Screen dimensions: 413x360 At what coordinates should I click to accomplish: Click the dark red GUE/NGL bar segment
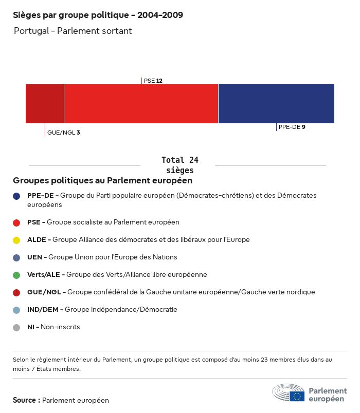point(45,104)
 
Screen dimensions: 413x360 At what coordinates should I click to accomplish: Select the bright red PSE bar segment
point(141,104)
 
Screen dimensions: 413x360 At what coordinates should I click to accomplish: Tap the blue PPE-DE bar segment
point(276,104)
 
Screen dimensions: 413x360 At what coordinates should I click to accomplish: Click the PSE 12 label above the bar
point(153,81)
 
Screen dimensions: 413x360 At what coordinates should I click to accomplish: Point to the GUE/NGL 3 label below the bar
point(63,133)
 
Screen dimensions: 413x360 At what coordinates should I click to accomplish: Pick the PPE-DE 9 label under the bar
point(292,127)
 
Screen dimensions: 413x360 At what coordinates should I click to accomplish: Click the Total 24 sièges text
point(179,165)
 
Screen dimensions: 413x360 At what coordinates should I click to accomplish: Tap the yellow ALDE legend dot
point(16,240)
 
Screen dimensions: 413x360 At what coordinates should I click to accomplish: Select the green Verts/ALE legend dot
point(16,275)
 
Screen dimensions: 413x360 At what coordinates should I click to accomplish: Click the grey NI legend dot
point(16,327)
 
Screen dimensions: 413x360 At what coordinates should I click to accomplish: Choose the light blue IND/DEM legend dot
point(16,310)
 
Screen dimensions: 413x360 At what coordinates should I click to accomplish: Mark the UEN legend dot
point(16,257)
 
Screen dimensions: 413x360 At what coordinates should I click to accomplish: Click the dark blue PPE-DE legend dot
point(16,196)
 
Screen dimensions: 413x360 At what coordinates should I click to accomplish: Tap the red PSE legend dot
point(16,222)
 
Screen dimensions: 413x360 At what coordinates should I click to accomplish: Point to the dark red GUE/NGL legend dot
point(16,292)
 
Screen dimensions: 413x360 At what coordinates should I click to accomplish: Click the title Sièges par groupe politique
point(98,15)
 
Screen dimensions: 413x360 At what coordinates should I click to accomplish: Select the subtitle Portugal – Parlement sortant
point(73,31)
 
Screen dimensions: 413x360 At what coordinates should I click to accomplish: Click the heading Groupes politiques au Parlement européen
point(103,181)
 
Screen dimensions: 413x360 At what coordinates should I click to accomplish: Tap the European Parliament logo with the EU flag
point(310,393)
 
